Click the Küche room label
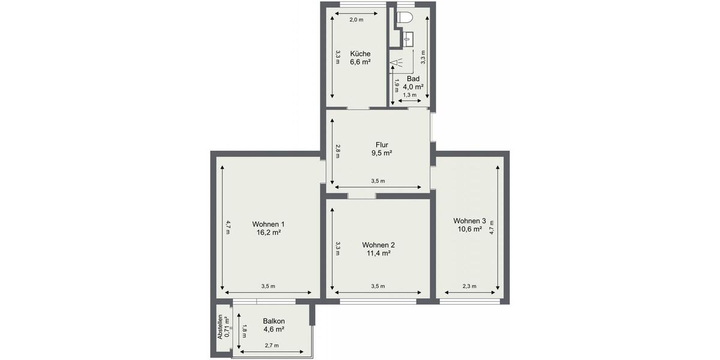(x=360, y=53)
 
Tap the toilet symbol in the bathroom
(x=406, y=16)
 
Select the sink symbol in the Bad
(x=407, y=38)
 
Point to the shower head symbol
(x=397, y=62)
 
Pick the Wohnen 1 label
(x=268, y=224)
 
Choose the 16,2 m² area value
(x=268, y=233)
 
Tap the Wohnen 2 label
(x=378, y=245)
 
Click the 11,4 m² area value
(x=378, y=253)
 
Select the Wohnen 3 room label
(x=469, y=220)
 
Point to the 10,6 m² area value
(x=469, y=229)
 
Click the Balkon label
(x=274, y=321)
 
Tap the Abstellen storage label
(x=220, y=328)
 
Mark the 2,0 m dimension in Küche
(x=356, y=20)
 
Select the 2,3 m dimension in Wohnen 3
(x=469, y=286)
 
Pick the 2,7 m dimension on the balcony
(x=272, y=345)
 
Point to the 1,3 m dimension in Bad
(x=410, y=95)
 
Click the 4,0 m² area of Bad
(x=413, y=86)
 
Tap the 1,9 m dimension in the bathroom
(x=397, y=86)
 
